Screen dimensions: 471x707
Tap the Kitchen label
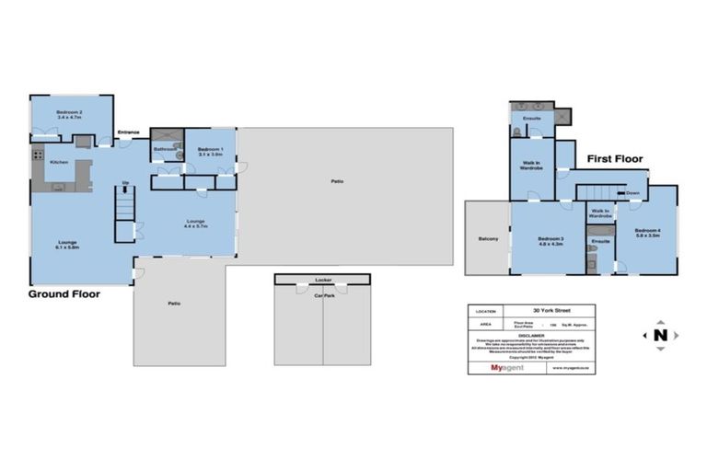tap(59, 163)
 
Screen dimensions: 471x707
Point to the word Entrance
tap(128, 132)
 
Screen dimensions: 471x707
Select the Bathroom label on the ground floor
tap(165, 148)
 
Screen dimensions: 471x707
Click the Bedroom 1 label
tap(211, 151)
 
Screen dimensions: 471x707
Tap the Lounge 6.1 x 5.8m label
tap(69, 245)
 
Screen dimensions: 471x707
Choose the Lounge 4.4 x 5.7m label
tap(195, 223)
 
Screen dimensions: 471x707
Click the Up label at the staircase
tap(125, 183)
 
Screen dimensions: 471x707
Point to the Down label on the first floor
tap(632, 193)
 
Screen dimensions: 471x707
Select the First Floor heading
tap(615, 159)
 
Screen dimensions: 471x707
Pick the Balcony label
tap(488, 239)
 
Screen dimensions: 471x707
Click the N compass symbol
tap(660, 335)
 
